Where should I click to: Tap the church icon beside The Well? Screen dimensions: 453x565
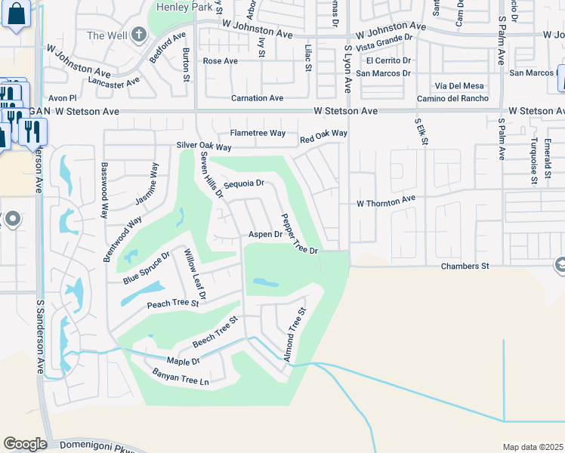pyautogui.click(x=138, y=35)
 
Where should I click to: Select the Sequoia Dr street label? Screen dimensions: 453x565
pyautogui.click(x=243, y=183)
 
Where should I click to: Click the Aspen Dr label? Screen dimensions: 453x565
pyautogui.click(x=265, y=235)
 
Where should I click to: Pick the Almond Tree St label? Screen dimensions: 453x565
pyautogui.click(x=295, y=334)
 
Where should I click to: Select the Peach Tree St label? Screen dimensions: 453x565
pyautogui.click(x=172, y=304)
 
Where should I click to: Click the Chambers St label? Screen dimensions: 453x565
pyautogui.click(x=465, y=266)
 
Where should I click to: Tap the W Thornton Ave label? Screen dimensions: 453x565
pyautogui.click(x=386, y=202)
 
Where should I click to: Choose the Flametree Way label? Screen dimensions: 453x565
pyautogui.click(x=258, y=133)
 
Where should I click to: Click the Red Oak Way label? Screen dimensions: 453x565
pyautogui.click(x=323, y=137)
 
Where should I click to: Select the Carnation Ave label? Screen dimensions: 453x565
pyautogui.click(x=257, y=98)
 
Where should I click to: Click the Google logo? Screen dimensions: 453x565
pyautogui.click(x=25, y=444)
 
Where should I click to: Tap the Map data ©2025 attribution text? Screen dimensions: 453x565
pyautogui.click(x=533, y=447)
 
